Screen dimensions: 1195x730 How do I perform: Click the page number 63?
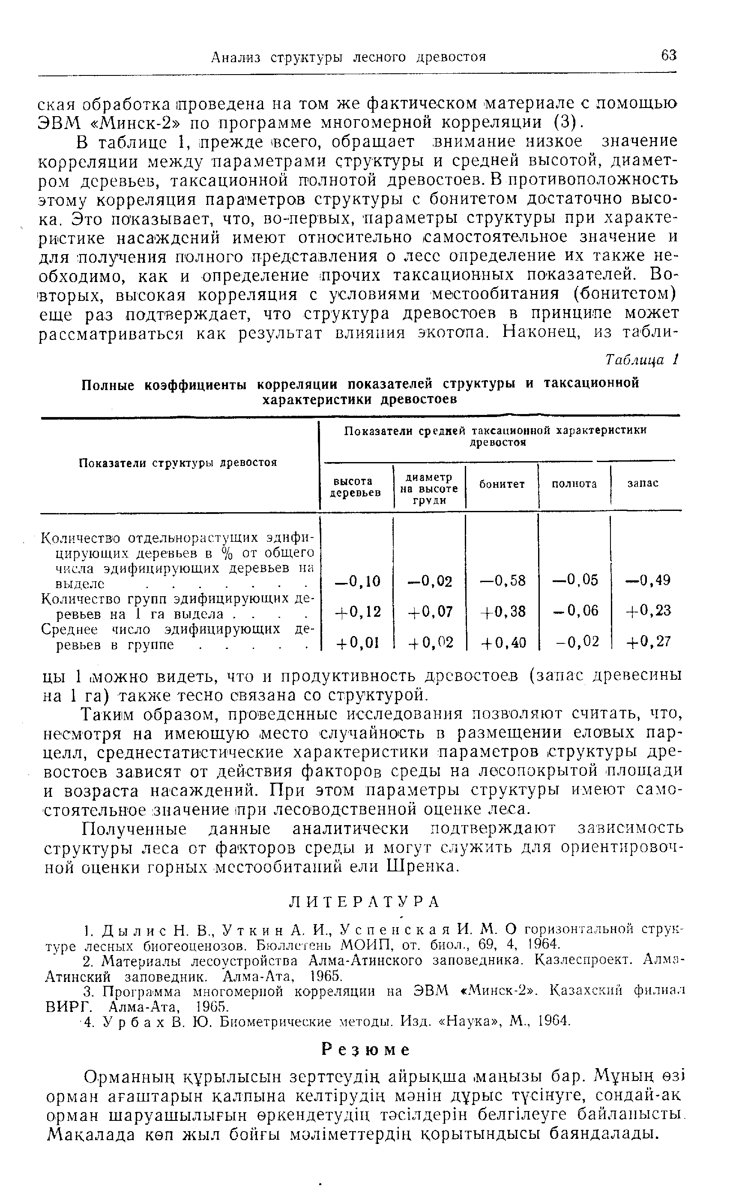point(668,56)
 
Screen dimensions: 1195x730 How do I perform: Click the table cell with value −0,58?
point(503,580)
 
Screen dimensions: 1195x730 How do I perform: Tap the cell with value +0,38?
point(503,611)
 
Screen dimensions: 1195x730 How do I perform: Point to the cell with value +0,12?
point(357,612)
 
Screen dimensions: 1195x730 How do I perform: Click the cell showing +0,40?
point(503,642)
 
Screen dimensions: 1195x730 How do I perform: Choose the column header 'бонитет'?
point(502,484)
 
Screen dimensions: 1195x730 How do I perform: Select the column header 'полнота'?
point(574,484)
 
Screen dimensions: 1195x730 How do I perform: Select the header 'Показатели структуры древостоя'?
point(178,462)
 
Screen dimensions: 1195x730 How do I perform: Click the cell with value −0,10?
point(357,580)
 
